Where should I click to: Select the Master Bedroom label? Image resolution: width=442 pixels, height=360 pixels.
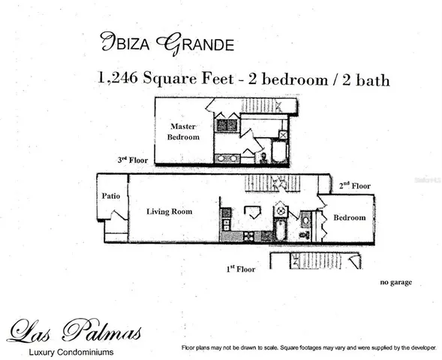[x=184, y=131]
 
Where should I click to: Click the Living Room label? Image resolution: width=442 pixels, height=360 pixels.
[x=169, y=211]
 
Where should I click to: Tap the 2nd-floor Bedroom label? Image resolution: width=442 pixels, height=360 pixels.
[x=350, y=217]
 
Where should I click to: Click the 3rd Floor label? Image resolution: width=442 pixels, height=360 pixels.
[x=133, y=160]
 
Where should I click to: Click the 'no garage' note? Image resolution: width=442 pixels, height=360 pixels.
[x=395, y=282]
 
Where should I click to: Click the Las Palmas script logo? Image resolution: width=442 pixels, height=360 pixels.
[x=74, y=330]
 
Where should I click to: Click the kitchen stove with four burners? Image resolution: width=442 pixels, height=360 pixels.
[x=248, y=235]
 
